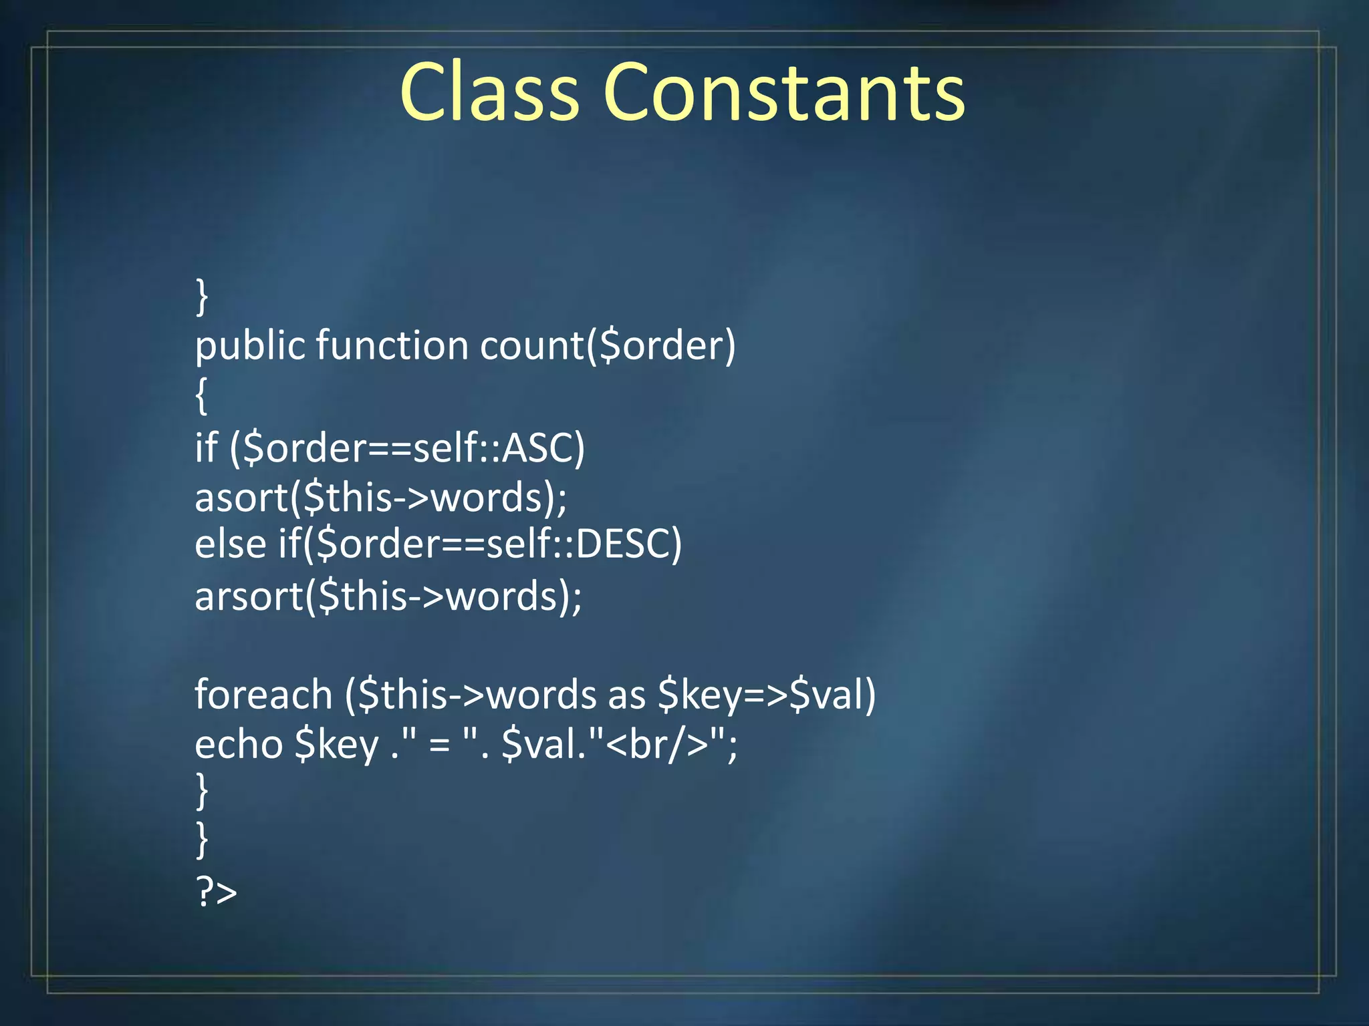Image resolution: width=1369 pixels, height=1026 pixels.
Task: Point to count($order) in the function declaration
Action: pyautogui.click(x=608, y=346)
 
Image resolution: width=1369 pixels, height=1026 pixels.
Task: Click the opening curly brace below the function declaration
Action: pyautogui.click(x=201, y=395)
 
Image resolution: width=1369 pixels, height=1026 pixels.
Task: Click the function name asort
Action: pyautogui.click(x=241, y=498)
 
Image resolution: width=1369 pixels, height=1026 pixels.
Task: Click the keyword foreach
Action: pyautogui.click(x=263, y=695)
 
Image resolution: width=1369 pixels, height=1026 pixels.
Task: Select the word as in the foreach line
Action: pyautogui.click(x=626, y=695)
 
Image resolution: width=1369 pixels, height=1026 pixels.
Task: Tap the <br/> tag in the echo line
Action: pyautogui.click(x=658, y=744)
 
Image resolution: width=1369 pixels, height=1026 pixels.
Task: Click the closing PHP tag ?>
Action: pyautogui.click(x=216, y=892)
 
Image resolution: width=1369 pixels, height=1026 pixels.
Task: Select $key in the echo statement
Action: pyautogui.click(x=337, y=745)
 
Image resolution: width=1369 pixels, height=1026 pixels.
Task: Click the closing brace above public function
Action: pyautogui.click(x=201, y=297)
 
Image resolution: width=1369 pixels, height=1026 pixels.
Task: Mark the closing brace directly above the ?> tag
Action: pyautogui.click(x=201, y=840)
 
